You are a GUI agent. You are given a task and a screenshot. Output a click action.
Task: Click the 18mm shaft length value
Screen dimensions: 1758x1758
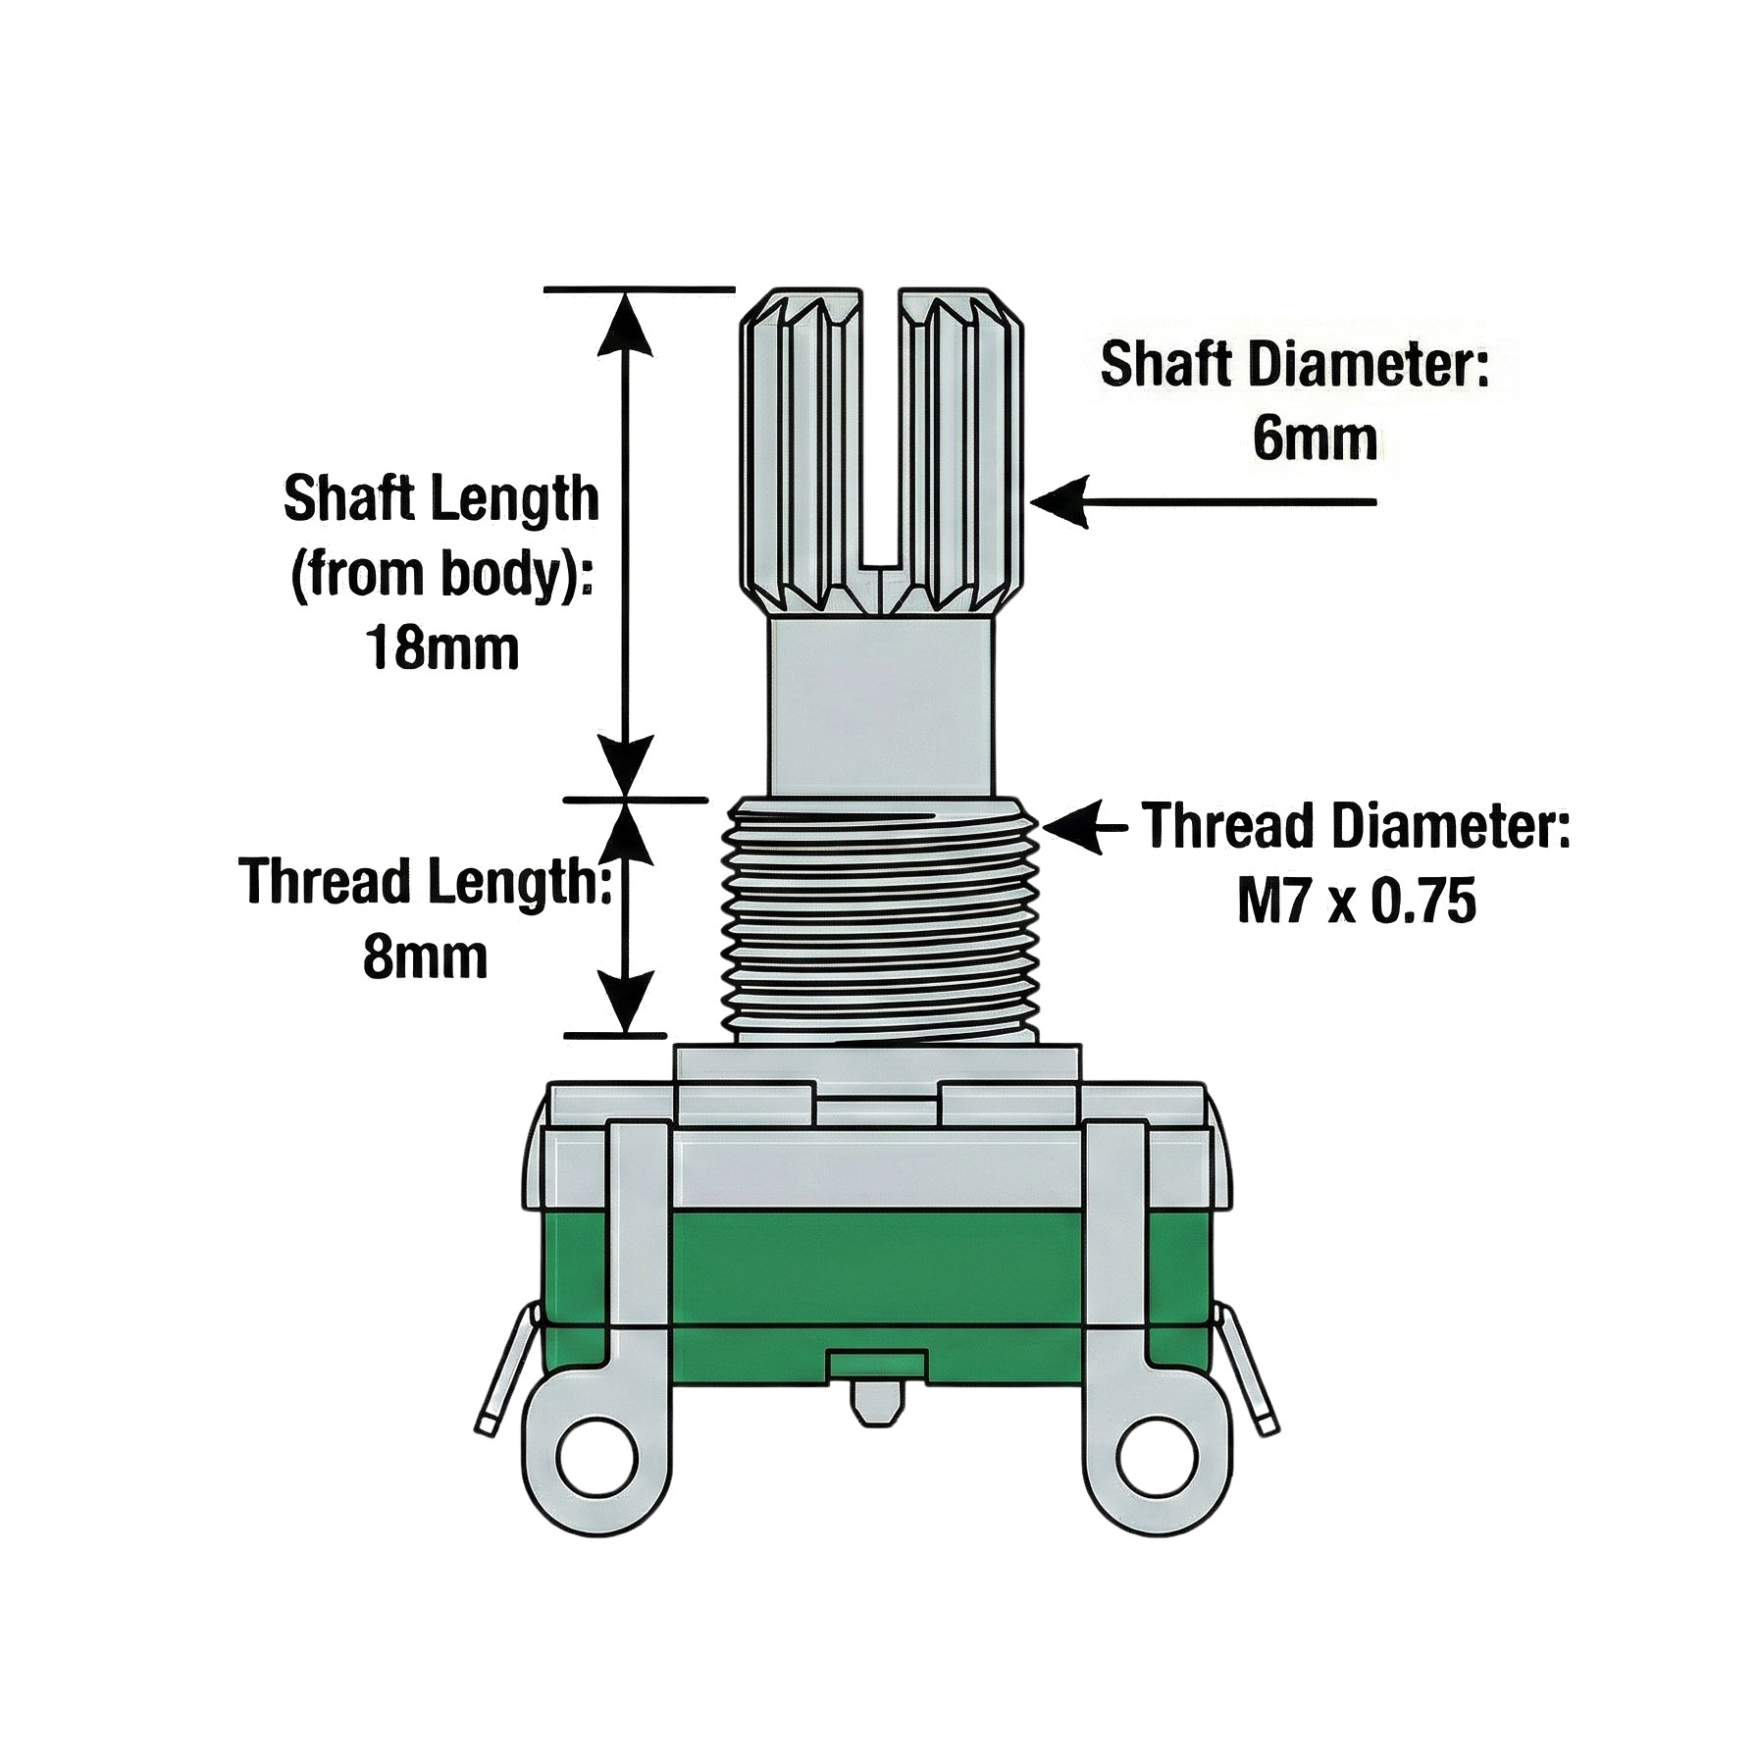tap(442, 648)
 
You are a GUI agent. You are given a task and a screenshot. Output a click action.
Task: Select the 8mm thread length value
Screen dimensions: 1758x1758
tap(425, 957)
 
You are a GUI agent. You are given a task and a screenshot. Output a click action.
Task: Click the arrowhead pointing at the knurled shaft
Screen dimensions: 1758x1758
tap(1060, 502)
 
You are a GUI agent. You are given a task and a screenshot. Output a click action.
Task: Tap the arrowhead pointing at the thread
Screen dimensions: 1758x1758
tap(1071, 828)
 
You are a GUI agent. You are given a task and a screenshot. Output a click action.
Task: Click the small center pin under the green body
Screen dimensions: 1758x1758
tap(876, 1403)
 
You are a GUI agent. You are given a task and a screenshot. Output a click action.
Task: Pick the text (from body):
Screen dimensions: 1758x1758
tap(441, 574)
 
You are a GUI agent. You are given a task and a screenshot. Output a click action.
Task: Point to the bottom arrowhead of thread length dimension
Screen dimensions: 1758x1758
tap(624, 1001)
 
